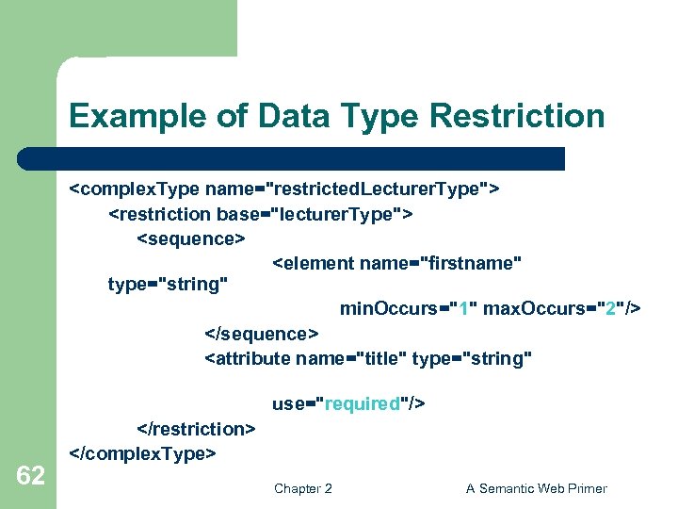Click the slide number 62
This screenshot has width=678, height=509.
tap(30, 476)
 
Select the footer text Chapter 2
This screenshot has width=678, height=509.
tap(302, 488)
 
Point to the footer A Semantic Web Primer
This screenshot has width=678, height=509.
tap(536, 488)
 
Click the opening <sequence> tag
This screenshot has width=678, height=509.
tap(191, 238)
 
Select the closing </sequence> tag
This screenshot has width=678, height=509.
tap(262, 334)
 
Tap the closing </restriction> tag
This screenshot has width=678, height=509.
tap(196, 429)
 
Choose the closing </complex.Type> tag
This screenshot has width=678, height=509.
tap(143, 453)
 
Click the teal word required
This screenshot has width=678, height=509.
tap(363, 404)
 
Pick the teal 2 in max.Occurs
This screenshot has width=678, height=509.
tap(613, 309)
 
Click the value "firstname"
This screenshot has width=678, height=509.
tap(471, 263)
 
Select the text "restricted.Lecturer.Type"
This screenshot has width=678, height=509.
tap(378, 189)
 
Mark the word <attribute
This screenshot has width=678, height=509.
tap(248, 358)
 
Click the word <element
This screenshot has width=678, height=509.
tap(314, 263)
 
